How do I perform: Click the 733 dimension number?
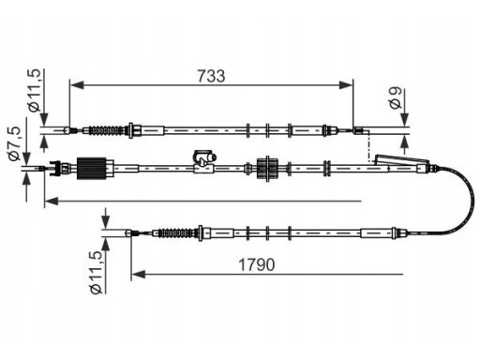pos(211,76)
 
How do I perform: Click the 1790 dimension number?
pos(257,264)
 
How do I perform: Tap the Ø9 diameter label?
pos(396,97)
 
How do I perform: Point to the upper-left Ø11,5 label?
pos(34,90)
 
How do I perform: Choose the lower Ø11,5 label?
pos(96,273)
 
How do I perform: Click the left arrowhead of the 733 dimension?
pos(77,84)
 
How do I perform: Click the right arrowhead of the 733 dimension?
pos(346,84)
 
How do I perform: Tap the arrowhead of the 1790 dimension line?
pos(139,275)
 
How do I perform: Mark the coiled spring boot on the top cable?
pos(105,130)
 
